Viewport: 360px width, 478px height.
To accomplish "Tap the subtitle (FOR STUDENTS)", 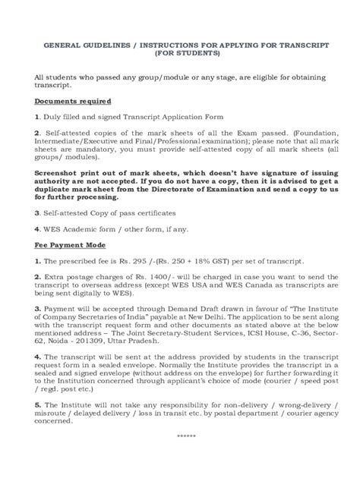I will pyautogui.click(x=180, y=55).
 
